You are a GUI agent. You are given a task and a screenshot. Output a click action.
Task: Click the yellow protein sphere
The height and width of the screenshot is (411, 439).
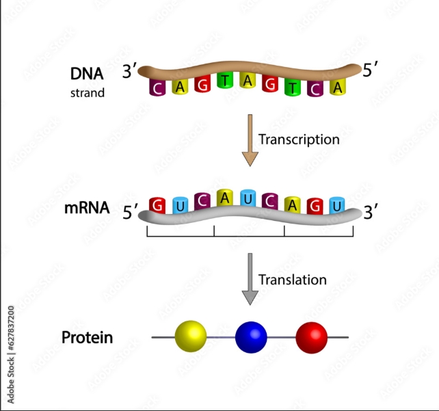click(x=191, y=336)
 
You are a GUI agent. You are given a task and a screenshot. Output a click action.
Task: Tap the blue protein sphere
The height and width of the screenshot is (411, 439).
click(x=251, y=336)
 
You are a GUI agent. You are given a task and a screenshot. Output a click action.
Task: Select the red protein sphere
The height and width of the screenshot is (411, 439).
click(x=312, y=336)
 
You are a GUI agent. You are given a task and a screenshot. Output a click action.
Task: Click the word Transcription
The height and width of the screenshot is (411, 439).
click(x=299, y=139)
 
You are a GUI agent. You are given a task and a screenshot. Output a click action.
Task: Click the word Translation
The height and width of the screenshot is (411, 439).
click(x=292, y=280)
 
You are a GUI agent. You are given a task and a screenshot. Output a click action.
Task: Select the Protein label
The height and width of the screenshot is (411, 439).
click(x=87, y=337)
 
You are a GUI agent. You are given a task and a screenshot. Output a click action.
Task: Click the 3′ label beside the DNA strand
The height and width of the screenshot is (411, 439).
click(x=130, y=70)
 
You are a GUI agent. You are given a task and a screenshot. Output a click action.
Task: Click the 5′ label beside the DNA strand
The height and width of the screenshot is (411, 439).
click(x=371, y=70)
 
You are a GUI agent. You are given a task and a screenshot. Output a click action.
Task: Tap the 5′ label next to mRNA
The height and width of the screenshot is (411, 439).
click(x=130, y=212)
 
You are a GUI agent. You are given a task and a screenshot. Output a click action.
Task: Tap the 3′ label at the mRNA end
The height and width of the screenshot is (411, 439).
click(x=370, y=212)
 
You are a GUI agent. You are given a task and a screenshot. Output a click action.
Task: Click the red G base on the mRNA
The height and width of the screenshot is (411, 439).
click(x=159, y=205)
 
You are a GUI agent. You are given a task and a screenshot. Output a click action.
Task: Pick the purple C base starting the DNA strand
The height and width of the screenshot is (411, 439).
click(x=158, y=88)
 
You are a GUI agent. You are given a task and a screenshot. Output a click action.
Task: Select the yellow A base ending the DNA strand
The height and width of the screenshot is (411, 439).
click(x=336, y=87)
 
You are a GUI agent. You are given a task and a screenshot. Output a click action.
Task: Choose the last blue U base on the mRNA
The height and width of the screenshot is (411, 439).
click(x=336, y=204)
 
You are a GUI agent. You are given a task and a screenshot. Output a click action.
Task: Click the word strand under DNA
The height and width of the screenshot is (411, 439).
click(x=87, y=92)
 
